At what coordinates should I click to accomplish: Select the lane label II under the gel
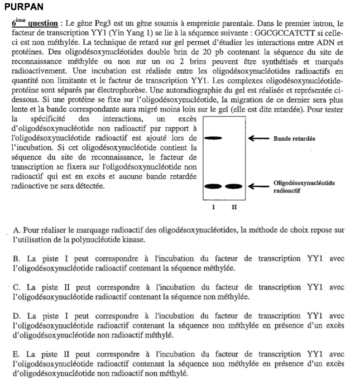click(234, 207)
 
